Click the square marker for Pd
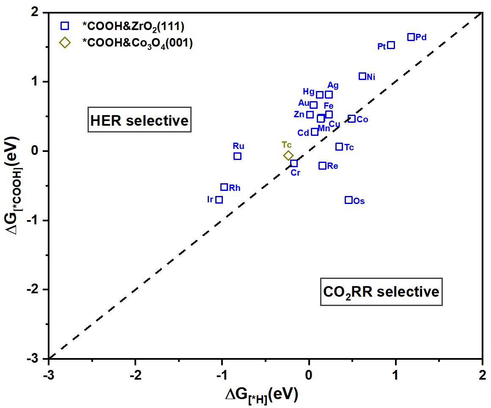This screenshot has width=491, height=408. tap(411, 37)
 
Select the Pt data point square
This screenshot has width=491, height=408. tap(391, 45)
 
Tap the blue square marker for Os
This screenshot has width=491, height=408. tap(348, 200)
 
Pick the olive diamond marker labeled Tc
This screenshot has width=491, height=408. tap(288, 156)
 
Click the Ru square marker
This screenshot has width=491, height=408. tap(237, 156)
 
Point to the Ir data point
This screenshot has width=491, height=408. tap(219, 200)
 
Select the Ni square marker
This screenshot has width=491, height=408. tap(362, 76)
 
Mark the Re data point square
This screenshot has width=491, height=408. tap(322, 166)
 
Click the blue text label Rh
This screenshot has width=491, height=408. tap(235, 188)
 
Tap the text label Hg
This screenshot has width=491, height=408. tap(309, 92)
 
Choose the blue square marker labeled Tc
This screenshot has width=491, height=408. tap(339, 147)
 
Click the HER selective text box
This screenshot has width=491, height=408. tap(139, 121)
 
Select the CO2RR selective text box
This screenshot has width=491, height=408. tap(381, 292)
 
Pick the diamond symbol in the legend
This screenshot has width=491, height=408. tap(65, 43)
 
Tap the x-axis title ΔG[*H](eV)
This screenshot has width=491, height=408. tap(262, 395)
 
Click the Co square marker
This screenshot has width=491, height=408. tap(351, 119)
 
